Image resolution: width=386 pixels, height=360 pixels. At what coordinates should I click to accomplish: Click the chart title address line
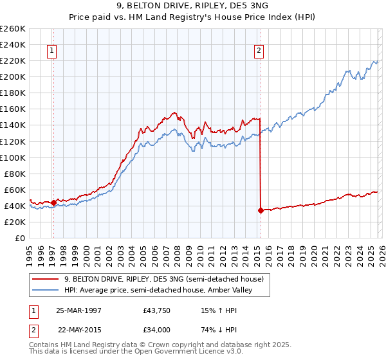(193, 6)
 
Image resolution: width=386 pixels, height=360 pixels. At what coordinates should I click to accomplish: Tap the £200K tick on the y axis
(13, 76)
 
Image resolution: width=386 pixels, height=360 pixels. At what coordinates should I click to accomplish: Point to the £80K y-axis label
(15, 174)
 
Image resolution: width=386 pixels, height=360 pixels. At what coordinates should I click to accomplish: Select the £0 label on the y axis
(21, 238)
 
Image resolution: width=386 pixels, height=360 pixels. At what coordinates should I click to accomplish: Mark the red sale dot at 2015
(261, 210)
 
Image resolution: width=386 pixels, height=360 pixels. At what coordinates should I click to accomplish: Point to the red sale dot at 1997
(54, 203)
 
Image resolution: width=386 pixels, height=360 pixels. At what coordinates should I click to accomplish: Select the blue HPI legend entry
(160, 290)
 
